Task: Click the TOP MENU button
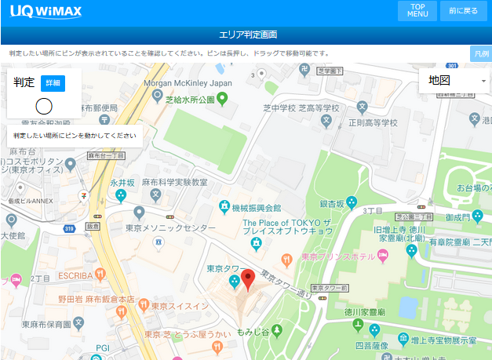(417, 11)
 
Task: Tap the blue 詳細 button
(52, 82)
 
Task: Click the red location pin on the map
(248, 279)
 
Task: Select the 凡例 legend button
(480, 53)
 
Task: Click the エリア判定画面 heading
(246, 35)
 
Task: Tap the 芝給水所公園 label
(190, 100)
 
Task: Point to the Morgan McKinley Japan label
(188, 83)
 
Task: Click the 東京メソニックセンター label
(170, 227)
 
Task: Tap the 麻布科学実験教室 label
(174, 182)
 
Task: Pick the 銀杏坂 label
(332, 203)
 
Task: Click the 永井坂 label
(123, 182)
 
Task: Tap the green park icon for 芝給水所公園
(222, 99)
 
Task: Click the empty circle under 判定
(44, 105)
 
